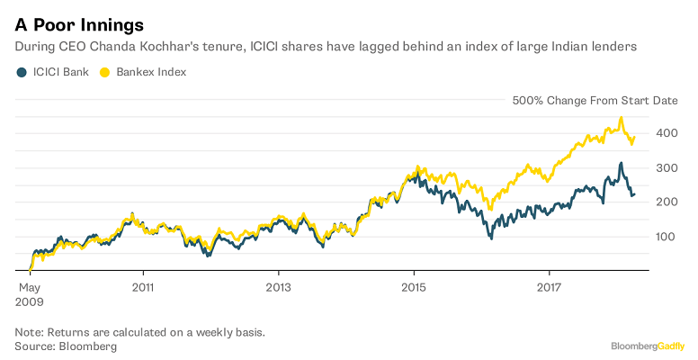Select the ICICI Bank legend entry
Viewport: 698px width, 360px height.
pyautogui.click(x=61, y=71)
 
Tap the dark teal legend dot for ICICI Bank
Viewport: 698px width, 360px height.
pyautogui.click(x=21, y=71)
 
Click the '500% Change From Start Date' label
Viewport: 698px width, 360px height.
pyautogui.click(x=595, y=102)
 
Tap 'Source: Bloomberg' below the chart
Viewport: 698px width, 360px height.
pyautogui.click(x=66, y=346)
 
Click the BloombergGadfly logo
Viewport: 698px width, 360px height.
pyautogui.click(x=648, y=346)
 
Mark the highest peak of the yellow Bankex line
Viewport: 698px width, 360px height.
pyautogui.click(x=621, y=118)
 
